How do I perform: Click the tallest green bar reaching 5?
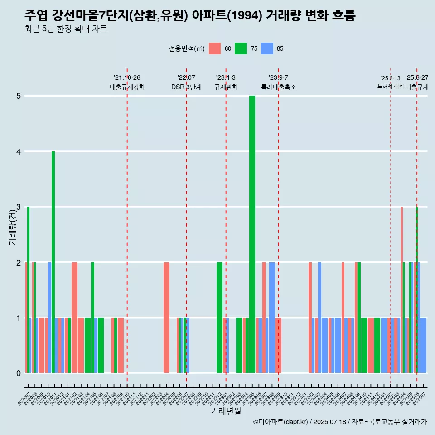252,234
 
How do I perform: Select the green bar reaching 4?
53,262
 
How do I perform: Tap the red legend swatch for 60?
215,49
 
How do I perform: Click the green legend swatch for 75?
241,49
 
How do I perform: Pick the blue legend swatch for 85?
267,49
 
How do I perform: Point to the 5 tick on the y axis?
18,96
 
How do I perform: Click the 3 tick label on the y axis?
18,207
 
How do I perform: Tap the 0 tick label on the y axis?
18,373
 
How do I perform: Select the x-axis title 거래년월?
226,411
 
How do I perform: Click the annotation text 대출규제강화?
127,87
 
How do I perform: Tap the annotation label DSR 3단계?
186,87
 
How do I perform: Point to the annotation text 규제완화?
226,87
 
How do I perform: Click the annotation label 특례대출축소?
278,87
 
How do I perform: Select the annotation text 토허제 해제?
390,86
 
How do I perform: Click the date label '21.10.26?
127,78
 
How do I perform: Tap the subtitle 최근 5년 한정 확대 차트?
66,29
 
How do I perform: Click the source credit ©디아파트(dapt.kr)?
280,422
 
